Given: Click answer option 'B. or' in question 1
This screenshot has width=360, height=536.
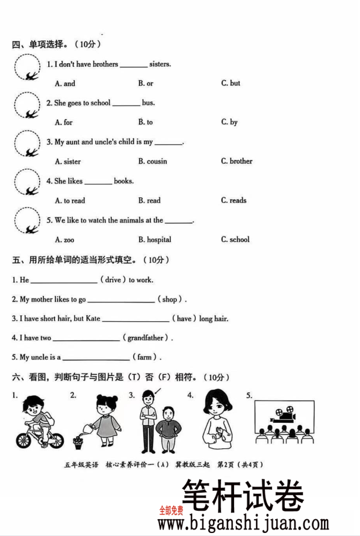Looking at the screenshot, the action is (146, 84).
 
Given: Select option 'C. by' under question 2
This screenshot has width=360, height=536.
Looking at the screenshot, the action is (229, 122).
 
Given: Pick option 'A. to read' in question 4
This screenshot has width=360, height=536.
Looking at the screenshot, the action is (70, 200).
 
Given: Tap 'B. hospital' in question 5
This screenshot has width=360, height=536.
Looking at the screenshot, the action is (155, 239).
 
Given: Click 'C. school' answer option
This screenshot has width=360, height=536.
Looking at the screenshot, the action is (235, 239).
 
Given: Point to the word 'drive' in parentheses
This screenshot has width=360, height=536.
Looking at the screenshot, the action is (113, 280).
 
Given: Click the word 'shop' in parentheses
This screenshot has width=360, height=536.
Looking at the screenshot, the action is (170, 299).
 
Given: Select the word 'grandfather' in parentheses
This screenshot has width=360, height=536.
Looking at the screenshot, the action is (147, 338).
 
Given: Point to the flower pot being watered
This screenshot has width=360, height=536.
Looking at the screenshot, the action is (78, 442).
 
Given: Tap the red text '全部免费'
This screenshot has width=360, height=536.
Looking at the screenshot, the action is (171, 511).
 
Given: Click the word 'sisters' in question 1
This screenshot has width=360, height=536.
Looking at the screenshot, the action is (160, 64).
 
